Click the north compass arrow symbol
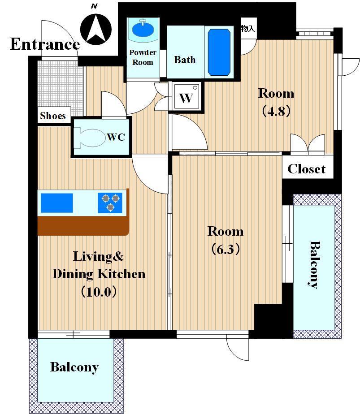pyautogui.click(x=96, y=29)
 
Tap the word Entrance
pyautogui.click(x=45, y=44)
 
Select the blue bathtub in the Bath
pyautogui.click(x=219, y=52)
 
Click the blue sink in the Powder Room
pyautogui.click(x=143, y=30)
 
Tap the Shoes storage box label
pyautogui.click(x=53, y=116)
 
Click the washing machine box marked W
pyautogui.click(x=186, y=97)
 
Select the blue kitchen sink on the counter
pyautogui.click(x=57, y=203)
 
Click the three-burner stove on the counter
pyautogui.click(x=110, y=203)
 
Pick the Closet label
pyautogui.click(x=306, y=169)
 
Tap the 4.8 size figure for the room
pyautogui.click(x=276, y=111)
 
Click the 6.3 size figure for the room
pyautogui.click(x=226, y=249)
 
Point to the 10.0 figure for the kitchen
pyautogui.click(x=99, y=292)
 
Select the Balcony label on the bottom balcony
pyautogui.click(x=74, y=367)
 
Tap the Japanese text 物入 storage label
pyautogui.click(x=248, y=28)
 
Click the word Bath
pyautogui.click(x=185, y=60)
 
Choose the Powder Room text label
pyautogui.click(x=143, y=57)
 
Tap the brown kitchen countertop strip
pyautogui.click(x=83, y=225)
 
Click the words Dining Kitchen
pyautogui.click(x=99, y=274)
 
